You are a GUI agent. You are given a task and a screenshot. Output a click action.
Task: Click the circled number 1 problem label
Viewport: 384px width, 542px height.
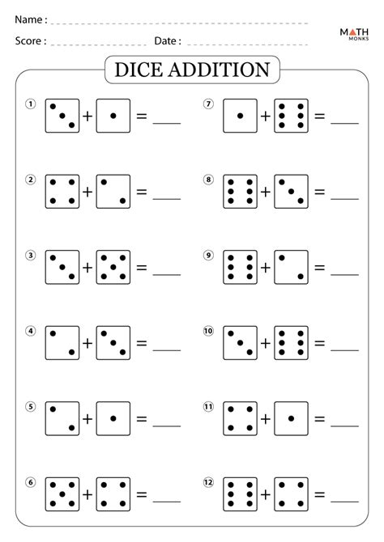coord(31,104)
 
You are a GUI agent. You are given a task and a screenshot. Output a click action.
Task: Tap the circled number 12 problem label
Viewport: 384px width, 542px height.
coord(208,482)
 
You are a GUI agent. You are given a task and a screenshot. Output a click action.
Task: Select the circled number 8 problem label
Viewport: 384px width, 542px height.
coord(208,180)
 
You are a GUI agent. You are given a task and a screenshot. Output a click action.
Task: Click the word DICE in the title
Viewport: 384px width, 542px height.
coord(139,70)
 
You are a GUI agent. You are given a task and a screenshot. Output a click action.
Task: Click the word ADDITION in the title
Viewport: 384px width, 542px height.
coord(220,70)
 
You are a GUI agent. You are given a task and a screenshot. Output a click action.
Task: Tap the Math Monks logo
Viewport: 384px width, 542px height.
coord(354,34)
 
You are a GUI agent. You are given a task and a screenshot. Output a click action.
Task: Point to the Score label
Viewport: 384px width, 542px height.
coord(31,41)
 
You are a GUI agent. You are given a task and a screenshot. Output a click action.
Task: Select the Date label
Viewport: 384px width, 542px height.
coord(168,41)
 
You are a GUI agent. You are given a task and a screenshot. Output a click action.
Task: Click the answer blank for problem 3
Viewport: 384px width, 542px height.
coord(167,274)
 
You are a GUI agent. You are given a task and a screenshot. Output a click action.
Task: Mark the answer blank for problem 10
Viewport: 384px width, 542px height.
coord(345,350)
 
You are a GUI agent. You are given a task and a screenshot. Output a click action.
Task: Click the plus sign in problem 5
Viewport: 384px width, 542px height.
coord(87,418)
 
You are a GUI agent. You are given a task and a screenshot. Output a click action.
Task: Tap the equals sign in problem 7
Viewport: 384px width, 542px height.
coord(320,116)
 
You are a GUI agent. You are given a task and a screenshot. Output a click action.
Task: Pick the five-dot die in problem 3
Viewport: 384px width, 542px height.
coord(113,267)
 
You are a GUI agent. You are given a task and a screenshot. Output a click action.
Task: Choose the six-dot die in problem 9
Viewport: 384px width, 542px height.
coord(241,267)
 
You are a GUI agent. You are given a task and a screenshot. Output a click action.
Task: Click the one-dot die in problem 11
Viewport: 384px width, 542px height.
coord(291,418)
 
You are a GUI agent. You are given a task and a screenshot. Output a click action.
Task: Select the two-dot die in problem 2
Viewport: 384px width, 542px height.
coord(113,192)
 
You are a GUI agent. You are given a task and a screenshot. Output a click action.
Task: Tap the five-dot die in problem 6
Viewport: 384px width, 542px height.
coord(62,494)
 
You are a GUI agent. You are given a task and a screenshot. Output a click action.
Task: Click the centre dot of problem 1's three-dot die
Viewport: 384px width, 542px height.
coord(62,116)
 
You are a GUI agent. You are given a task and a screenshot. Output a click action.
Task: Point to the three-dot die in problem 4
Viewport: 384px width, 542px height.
coord(113,343)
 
